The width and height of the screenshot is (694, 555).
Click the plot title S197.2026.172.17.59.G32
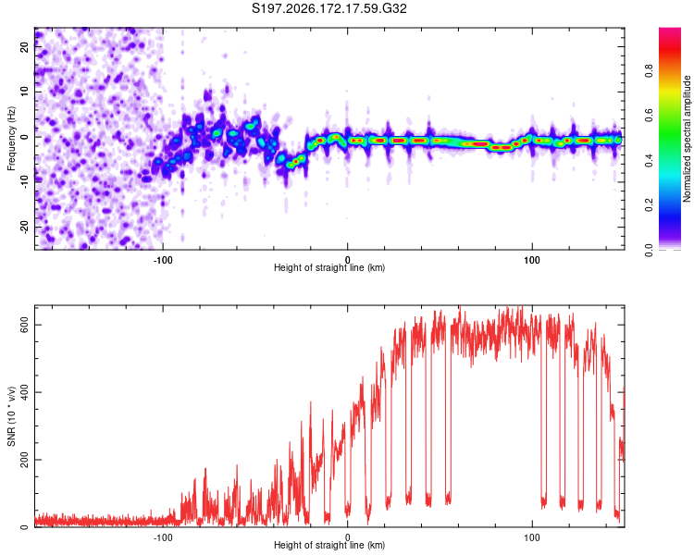coord(328,8)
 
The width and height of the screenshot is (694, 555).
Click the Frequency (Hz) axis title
coord(11,139)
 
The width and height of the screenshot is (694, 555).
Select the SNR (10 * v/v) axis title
coord(11,416)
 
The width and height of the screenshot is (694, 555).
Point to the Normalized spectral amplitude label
coord(687,139)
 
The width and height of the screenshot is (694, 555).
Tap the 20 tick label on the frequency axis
coord(25,47)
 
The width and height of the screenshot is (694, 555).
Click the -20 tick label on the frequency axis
coord(25,227)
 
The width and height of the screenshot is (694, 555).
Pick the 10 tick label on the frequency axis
coord(25,92)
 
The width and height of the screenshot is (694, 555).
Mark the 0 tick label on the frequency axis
coord(25,137)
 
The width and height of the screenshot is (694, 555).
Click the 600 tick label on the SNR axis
coord(25,325)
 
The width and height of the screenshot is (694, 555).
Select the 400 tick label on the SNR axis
coord(25,392)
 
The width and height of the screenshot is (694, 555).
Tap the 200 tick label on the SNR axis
coord(25,460)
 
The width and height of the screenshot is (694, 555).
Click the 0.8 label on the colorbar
coord(649,71)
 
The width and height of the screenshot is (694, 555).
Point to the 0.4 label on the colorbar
coord(649,161)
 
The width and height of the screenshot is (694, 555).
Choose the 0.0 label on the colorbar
coord(649,250)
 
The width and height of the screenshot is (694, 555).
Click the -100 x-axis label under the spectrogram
coord(163,260)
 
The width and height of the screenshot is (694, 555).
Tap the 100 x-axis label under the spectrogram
coord(531,260)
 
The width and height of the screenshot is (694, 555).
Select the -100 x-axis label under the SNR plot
coord(163,537)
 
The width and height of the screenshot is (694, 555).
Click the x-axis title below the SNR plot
coord(329,545)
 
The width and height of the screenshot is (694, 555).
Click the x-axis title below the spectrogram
coord(329,267)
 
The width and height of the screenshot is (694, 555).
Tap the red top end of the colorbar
coord(670,30)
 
